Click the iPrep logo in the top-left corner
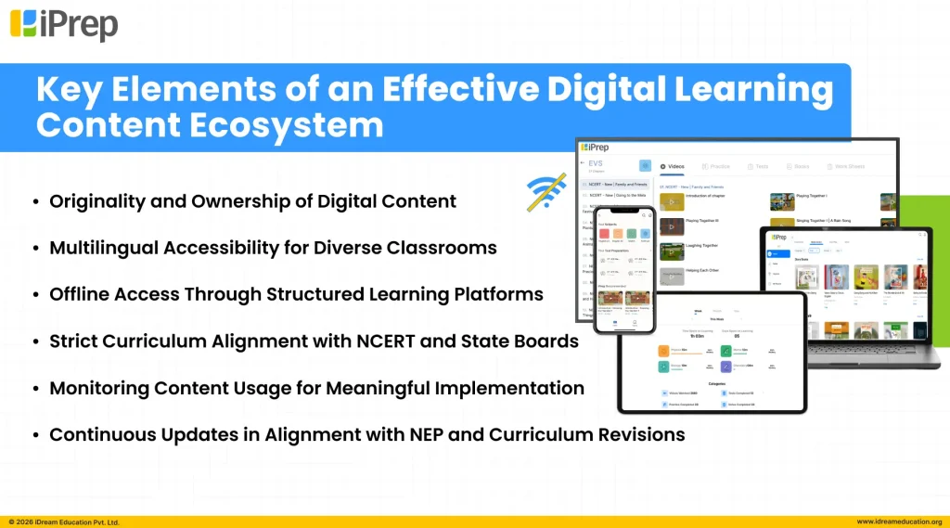(x=64, y=24)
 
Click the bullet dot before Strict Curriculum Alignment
(x=35, y=341)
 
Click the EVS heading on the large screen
(x=596, y=163)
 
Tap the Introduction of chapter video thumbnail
(x=671, y=200)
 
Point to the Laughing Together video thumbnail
(x=671, y=251)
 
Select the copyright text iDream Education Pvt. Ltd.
(x=64, y=522)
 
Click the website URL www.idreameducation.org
(x=899, y=522)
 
